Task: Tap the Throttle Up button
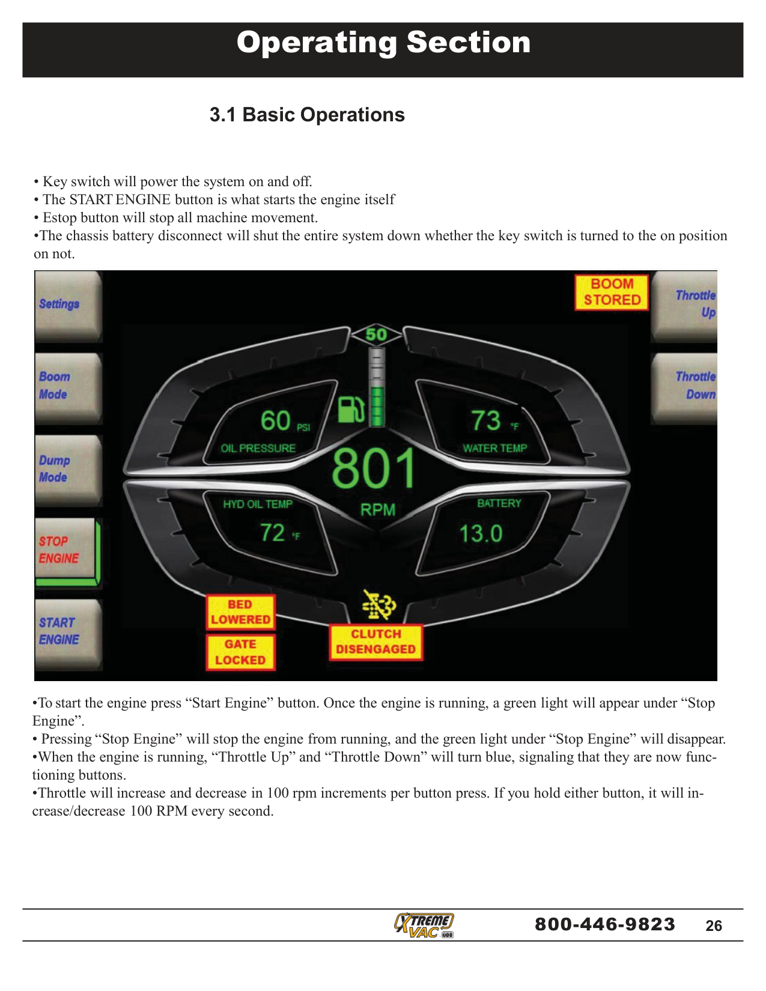(685, 305)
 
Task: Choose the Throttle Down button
(685, 386)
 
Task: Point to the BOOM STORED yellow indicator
(612, 292)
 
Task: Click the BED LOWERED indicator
(240, 612)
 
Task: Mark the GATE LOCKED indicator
(240, 652)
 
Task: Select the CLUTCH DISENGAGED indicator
(375, 642)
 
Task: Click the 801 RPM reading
(374, 469)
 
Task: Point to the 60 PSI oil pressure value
(276, 420)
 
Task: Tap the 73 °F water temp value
(486, 420)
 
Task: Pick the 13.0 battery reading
(481, 533)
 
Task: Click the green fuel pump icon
(351, 410)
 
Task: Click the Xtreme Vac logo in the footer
(424, 925)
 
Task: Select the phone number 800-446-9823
(605, 924)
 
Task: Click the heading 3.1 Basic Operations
(307, 115)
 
